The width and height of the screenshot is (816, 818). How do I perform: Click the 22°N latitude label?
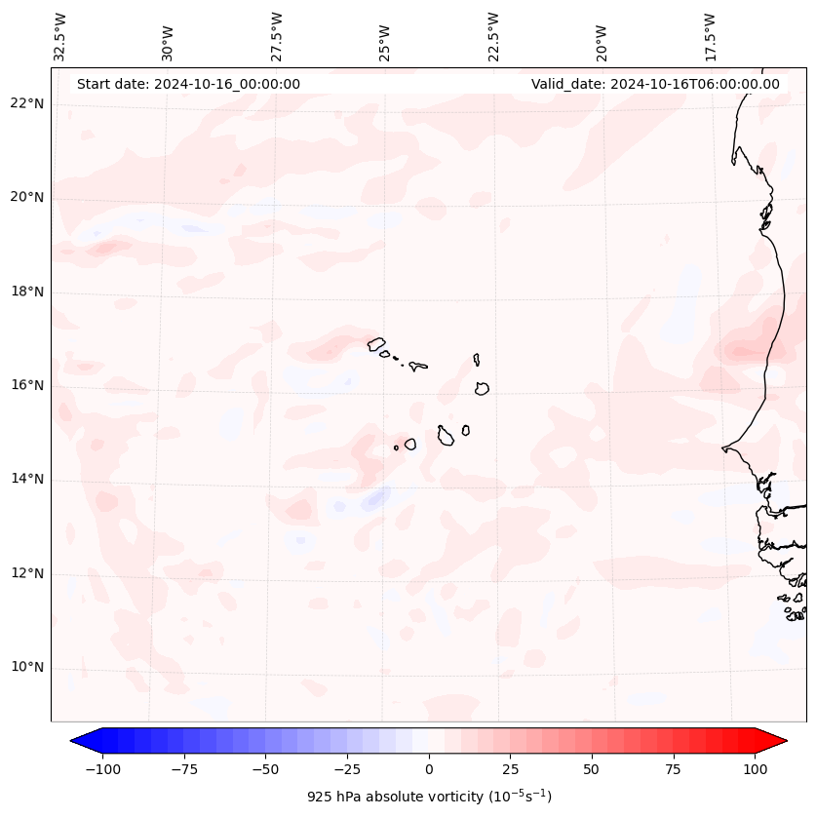pos(26,103)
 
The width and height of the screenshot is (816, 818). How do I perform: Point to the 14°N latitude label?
pos(26,479)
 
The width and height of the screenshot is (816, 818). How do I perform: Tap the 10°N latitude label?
pos(26,668)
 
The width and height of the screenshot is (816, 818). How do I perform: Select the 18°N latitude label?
pos(26,292)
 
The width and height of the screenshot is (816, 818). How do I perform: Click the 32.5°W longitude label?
pos(60,36)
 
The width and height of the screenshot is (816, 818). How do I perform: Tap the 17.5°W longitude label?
pos(710,36)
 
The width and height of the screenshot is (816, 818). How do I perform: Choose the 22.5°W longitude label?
pos(493,36)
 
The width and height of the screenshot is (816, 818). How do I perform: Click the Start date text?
pos(188,84)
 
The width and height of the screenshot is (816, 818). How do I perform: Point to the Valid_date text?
pos(655,84)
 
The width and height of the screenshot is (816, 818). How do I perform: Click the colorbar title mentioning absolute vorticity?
pos(429,797)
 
